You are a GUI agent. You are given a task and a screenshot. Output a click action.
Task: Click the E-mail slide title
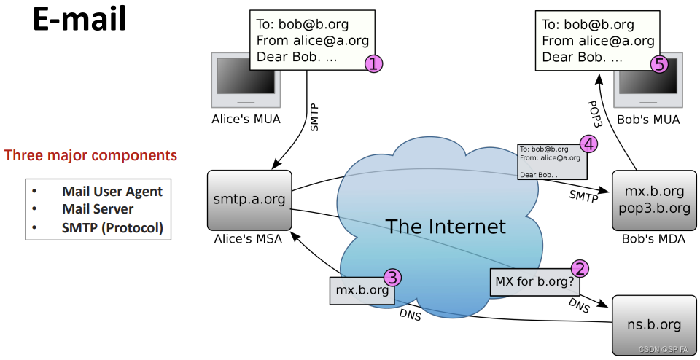pyautogui.click(x=79, y=20)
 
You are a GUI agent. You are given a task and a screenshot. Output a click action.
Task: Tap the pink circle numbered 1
pyautogui.click(x=373, y=64)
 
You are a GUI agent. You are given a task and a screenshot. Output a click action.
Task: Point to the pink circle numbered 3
pyautogui.click(x=392, y=277)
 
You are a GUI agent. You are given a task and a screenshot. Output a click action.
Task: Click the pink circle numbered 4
pyautogui.click(x=589, y=144)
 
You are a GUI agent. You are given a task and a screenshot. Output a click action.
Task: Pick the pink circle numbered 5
pyautogui.click(x=659, y=64)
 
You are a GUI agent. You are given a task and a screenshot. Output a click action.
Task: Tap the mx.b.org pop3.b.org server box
pyautogui.click(x=654, y=200)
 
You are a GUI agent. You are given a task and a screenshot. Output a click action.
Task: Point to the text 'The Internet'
pyautogui.click(x=445, y=226)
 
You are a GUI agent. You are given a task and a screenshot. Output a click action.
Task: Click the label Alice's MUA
pyautogui.click(x=246, y=119)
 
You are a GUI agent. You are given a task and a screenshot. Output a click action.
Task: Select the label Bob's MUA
pyautogui.click(x=648, y=119)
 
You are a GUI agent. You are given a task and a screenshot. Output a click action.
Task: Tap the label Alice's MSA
pyautogui.click(x=249, y=239)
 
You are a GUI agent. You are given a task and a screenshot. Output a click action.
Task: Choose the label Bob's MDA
pyautogui.click(x=653, y=239)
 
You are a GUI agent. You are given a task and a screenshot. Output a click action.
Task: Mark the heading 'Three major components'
pyautogui.click(x=90, y=155)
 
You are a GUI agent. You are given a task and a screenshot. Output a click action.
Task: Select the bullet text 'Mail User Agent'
pyautogui.click(x=112, y=192)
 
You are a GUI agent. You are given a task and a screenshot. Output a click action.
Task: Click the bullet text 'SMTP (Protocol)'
pyautogui.click(x=112, y=227)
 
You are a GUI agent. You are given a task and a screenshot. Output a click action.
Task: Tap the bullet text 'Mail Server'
pyautogui.click(x=98, y=209)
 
